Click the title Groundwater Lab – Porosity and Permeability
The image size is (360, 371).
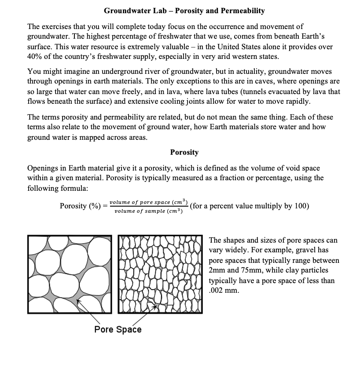[184, 10]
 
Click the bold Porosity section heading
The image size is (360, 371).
[184, 152]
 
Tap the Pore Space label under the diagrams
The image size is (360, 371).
[118, 329]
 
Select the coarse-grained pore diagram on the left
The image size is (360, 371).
[70, 274]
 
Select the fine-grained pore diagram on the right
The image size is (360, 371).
[161, 274]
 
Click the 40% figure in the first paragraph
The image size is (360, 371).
[35, 57]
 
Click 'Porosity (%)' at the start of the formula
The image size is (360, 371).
[80, 206]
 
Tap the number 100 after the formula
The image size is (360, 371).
[302, 206]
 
